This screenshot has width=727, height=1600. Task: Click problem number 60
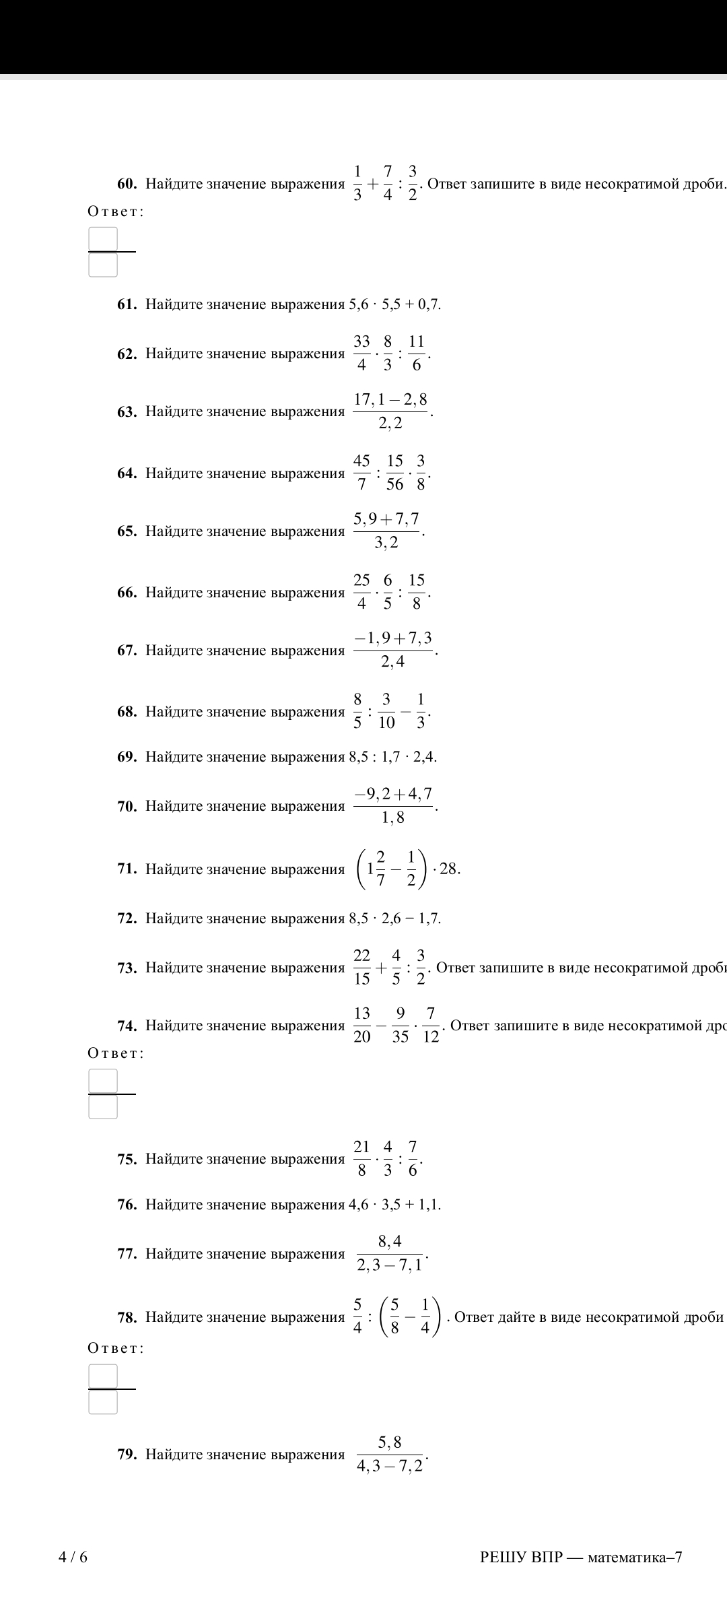[128, 184]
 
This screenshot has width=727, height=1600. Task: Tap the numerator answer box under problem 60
[103, 238]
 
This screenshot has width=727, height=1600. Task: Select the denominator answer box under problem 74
[103, 1107]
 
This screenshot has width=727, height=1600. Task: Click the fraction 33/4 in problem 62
[361, 353]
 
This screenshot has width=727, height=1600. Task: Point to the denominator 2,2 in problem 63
[390, 424]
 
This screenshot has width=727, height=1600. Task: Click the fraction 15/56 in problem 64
[395, 473]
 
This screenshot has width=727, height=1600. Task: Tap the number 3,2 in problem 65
[386, 543]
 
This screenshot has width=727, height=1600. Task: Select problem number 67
[128, 651]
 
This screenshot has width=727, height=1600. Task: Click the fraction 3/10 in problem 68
[386, 711]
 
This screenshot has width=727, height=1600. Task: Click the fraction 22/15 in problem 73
[362, 967]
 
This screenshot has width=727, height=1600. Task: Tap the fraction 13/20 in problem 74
[362, 1025]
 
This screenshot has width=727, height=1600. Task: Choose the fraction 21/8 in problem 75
[362, 1158]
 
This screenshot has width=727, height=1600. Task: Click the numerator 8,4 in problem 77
[390, 1241]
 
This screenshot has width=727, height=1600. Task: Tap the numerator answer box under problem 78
[103, 1376]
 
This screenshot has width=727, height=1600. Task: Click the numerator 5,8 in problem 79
[390, 1442]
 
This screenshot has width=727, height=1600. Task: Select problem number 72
[128, 919]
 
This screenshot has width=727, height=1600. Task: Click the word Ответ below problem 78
[116, 1348]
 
